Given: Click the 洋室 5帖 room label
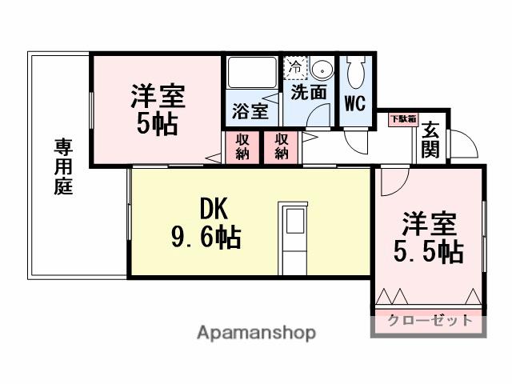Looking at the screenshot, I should tap(158, 110).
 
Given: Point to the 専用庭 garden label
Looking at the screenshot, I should tap(63, 167).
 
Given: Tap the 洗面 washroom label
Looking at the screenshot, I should tap(309, 92).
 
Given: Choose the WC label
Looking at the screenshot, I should tap(354, 103).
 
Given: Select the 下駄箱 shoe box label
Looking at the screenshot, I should tap(402, 119).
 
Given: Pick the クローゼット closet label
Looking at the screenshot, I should tap(430, 321).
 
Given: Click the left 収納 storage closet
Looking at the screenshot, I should tap(242, 146).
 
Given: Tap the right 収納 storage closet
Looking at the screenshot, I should tap(282, 146).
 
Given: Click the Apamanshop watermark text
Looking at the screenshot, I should tap(256, 332).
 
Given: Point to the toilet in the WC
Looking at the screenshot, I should tap(355, 75).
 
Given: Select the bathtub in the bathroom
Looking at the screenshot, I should tap(252, 74).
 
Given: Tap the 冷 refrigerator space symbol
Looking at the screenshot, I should tap(295, 64).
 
